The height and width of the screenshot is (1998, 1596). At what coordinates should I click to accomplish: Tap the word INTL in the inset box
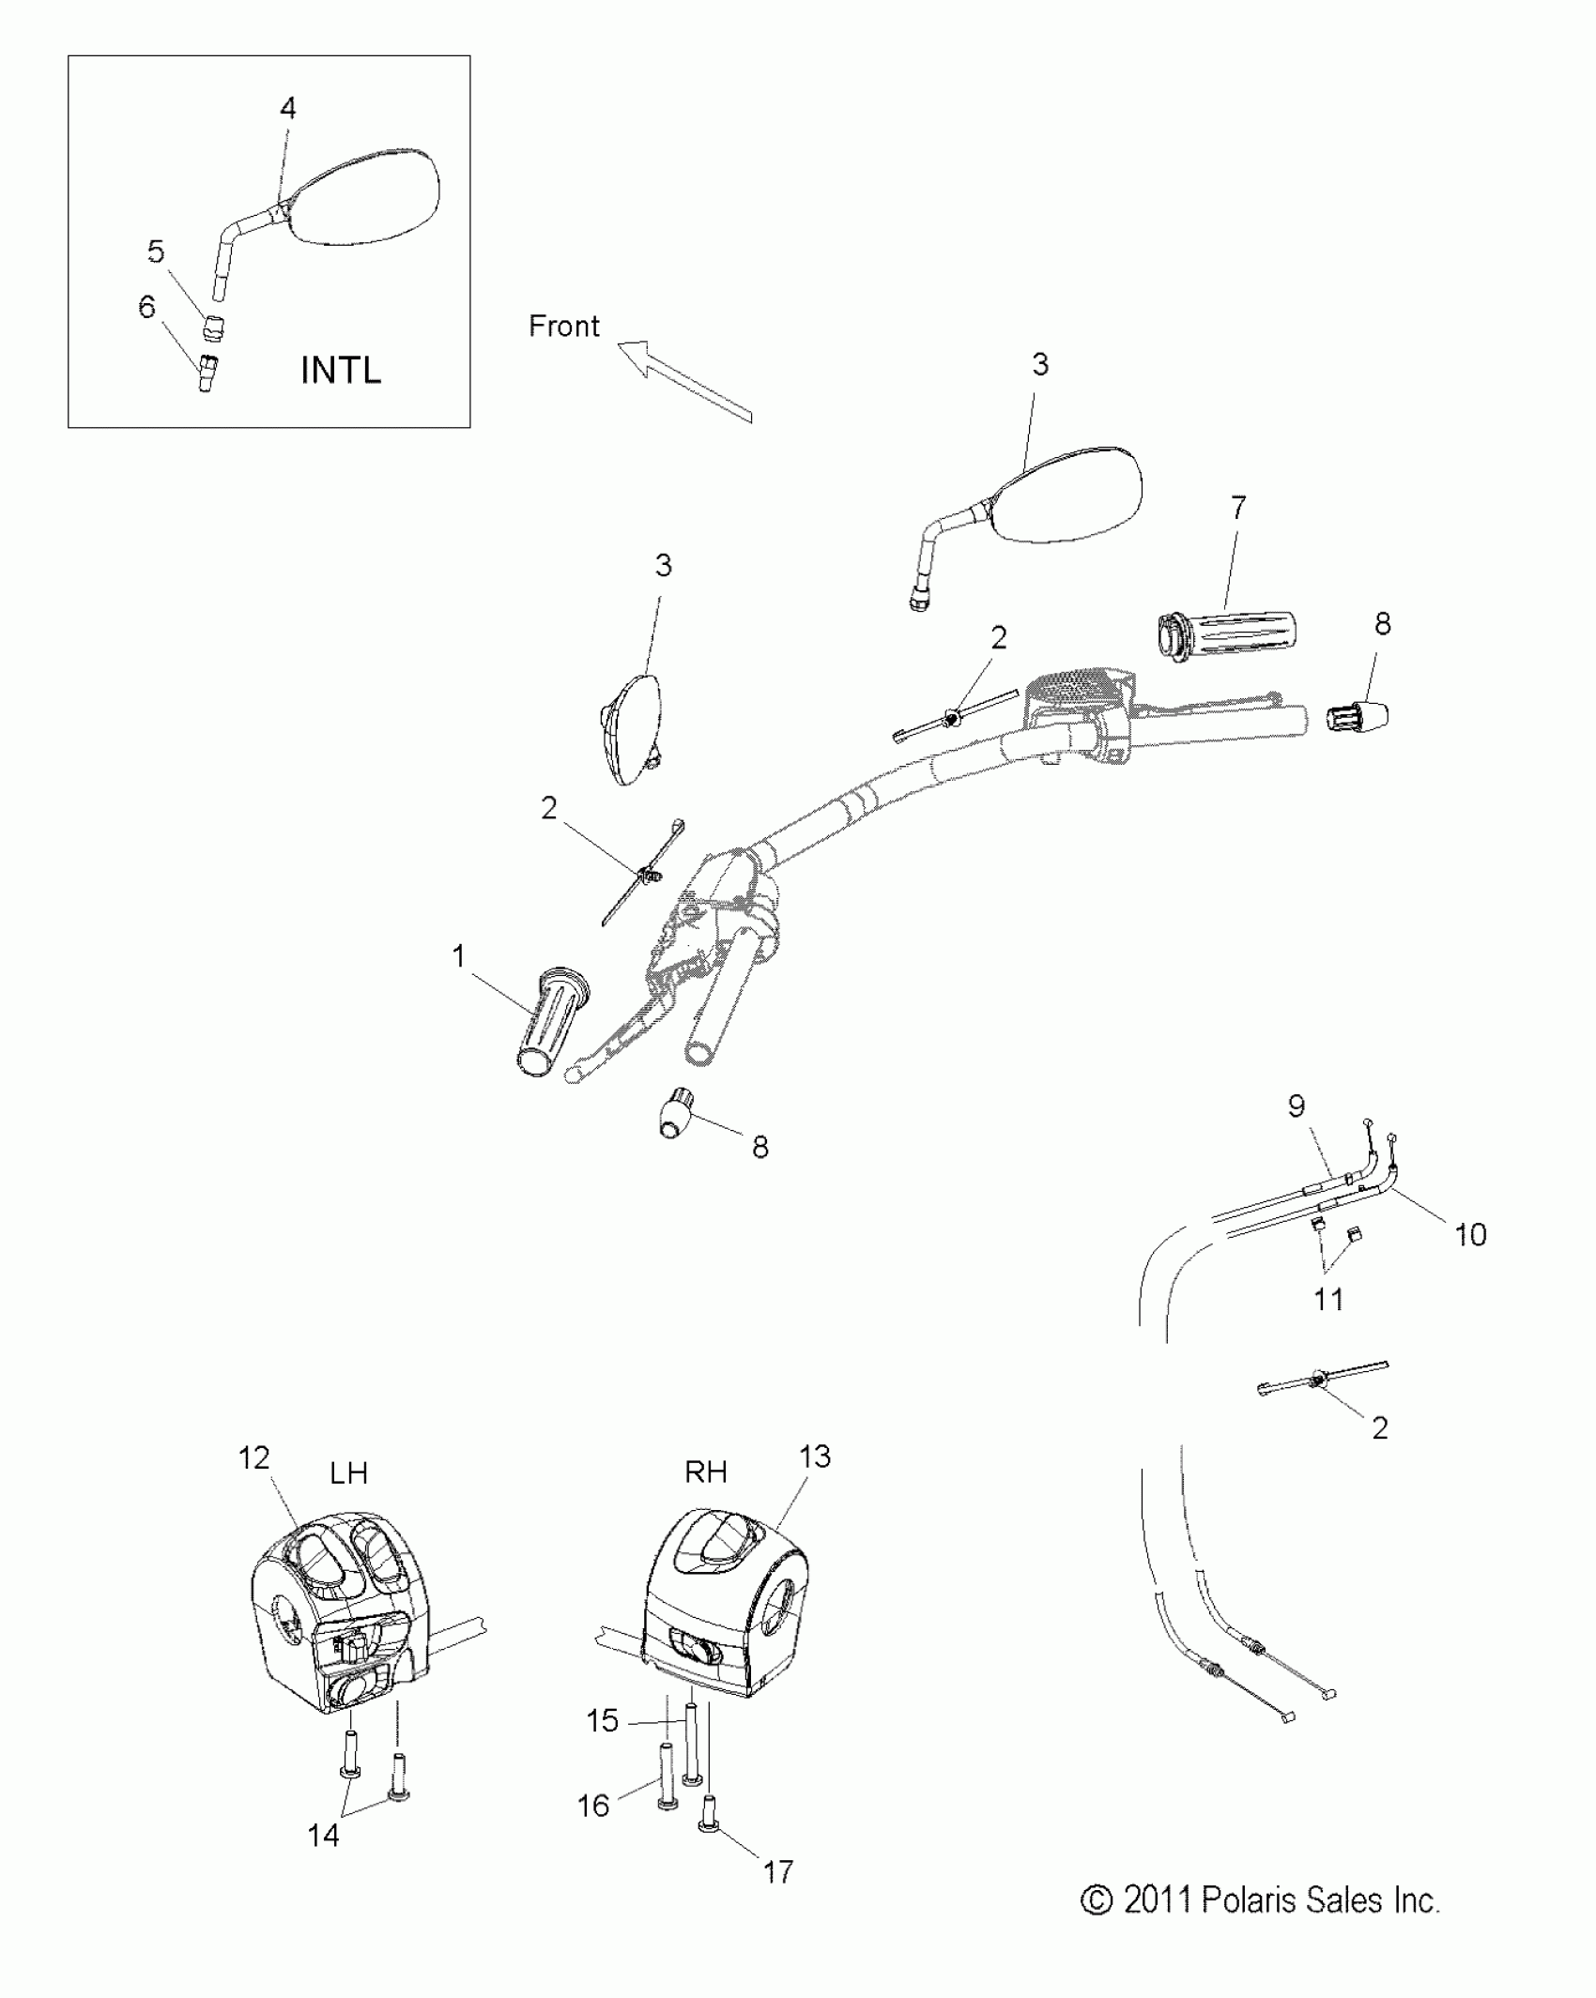[x=341, y=371]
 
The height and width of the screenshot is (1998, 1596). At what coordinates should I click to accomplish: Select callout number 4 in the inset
[x=288, y=109]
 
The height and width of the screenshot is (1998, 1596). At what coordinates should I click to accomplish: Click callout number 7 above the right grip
[x=1238, y=508]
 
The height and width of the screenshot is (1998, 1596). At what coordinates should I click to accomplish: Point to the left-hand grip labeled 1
[x=548, y=1022]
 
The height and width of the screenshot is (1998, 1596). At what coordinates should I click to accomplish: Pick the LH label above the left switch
[x=348, y=1472]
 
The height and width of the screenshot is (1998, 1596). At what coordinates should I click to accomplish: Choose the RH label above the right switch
[x=706, y=1472]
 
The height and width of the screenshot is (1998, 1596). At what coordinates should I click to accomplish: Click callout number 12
[x=254, y=1457]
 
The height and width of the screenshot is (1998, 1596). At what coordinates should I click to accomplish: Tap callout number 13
[x=815, y=1457]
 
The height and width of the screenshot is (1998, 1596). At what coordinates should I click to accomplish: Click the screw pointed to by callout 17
[x=707, y=1828]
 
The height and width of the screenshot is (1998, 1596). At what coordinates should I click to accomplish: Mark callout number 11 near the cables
[x=1328, y=1299]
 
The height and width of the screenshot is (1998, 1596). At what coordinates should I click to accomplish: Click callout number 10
[x=1470, y=1234]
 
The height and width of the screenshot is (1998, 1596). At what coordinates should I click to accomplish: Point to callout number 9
[x=1297, y=1106]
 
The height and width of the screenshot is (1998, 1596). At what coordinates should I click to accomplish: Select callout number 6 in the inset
[x=146, y=307]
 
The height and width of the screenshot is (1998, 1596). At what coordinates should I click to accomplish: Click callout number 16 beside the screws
[x=593, y=1805]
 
